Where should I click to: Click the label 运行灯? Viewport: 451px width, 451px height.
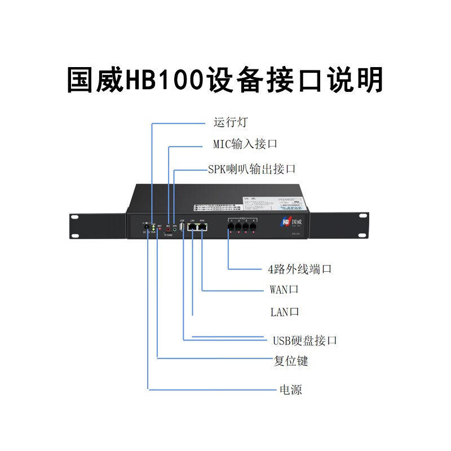231,122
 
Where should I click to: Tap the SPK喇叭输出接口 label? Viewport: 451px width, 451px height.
251,169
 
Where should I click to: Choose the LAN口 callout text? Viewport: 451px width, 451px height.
285,312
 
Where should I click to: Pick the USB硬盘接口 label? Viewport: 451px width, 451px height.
305,340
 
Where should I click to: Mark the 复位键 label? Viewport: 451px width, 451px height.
291,361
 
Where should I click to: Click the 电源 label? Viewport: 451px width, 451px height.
290,390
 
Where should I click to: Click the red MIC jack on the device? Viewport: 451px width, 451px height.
168,229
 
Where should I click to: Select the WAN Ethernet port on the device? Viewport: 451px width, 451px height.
202,227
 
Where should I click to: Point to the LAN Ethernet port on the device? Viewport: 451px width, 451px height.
192,227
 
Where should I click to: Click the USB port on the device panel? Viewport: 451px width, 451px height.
182,227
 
